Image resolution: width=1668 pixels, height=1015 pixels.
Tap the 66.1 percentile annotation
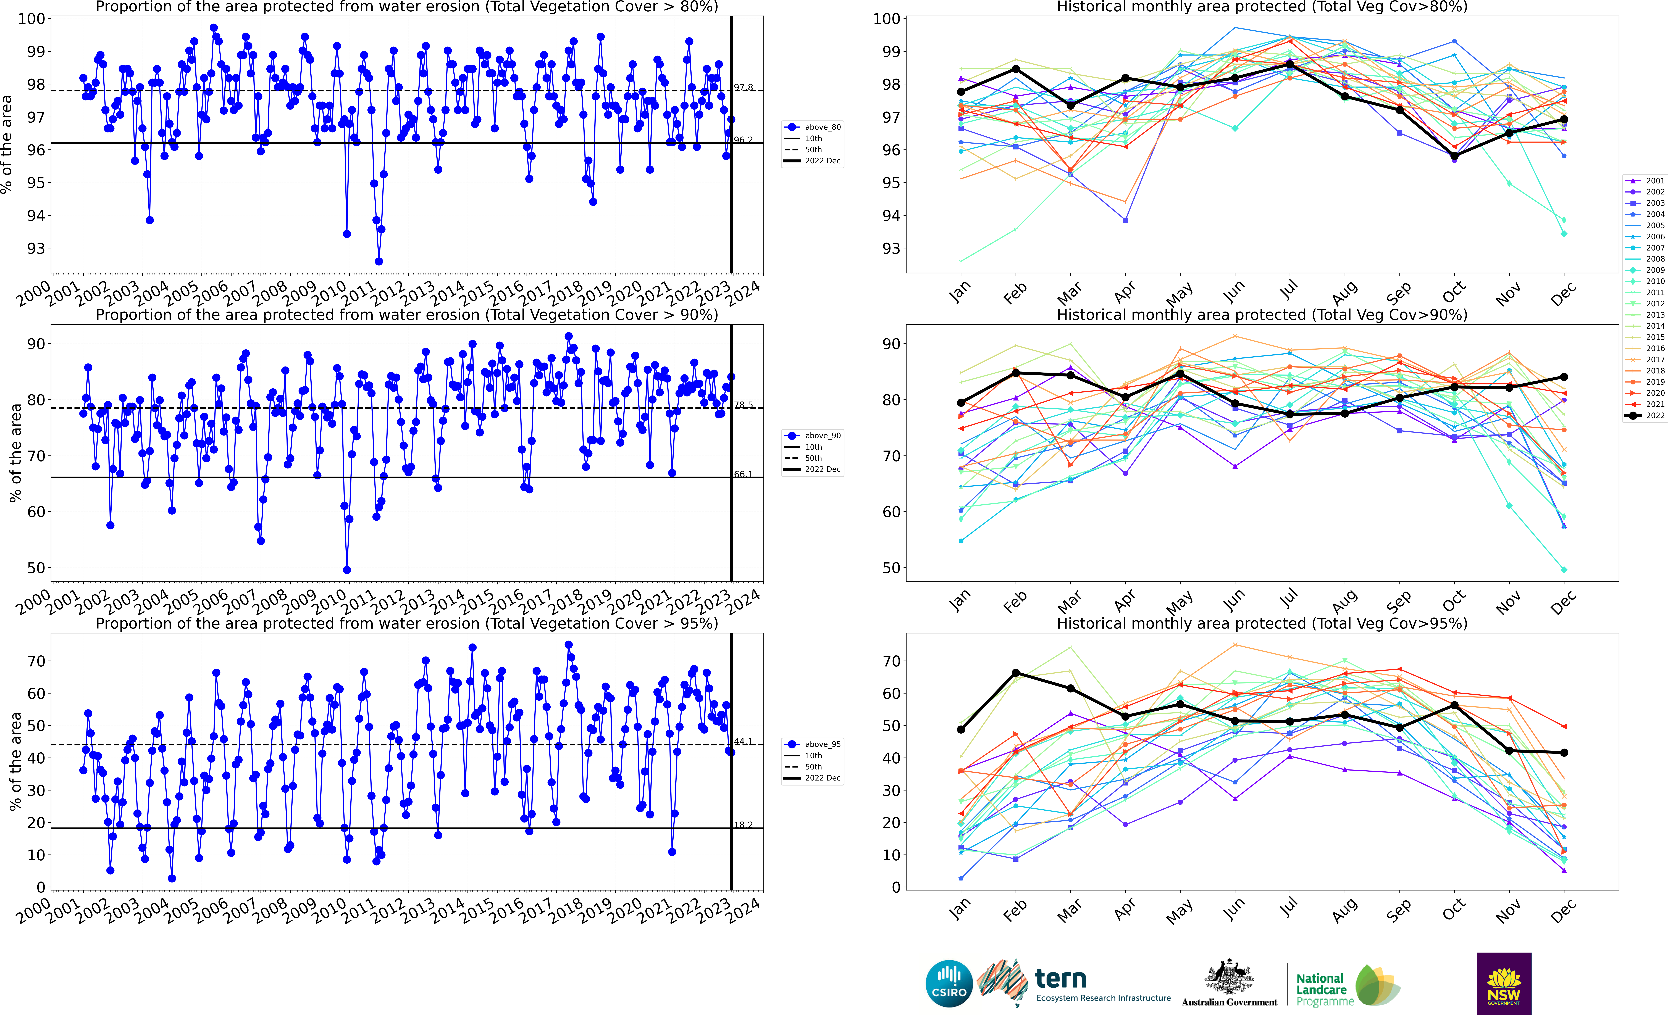(743, 474)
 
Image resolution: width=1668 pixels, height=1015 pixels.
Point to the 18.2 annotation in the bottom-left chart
(743, 825)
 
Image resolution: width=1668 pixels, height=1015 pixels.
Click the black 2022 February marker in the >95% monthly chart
(1015, 673)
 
